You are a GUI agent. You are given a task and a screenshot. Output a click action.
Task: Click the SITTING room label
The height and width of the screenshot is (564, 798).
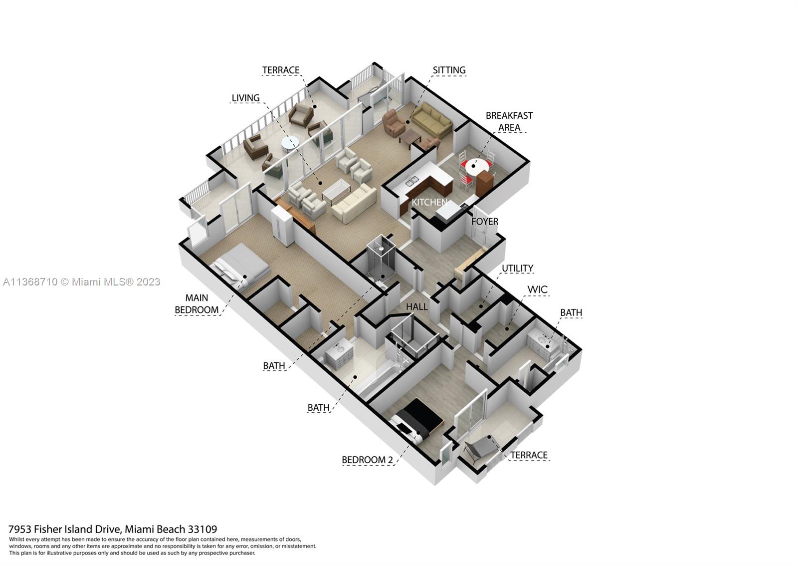(x=449, y=70)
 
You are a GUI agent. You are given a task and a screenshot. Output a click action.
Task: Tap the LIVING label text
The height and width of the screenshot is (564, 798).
(x=245, y=98)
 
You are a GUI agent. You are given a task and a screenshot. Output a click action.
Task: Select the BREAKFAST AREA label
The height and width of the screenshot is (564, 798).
(x=509, y=121)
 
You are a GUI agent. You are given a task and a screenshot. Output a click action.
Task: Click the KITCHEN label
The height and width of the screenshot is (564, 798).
(x=429, y=202)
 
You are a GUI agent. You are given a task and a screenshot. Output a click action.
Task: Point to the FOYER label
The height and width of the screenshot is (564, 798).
(x=485, y=221)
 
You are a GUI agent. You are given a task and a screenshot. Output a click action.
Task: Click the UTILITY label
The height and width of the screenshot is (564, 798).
(x=517, y=269)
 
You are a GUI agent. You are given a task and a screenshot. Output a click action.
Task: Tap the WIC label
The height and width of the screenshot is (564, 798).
(x=537, y=289)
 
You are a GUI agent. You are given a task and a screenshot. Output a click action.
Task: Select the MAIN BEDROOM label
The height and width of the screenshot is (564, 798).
(x=197, y=304)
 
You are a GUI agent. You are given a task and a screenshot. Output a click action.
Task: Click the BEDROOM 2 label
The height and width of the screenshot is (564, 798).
(x=367, y=460)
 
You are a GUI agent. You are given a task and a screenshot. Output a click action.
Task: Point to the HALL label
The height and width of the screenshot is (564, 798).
(x=416, y=306)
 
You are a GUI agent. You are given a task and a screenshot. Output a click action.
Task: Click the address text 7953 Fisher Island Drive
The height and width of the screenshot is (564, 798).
(x=112, y=529)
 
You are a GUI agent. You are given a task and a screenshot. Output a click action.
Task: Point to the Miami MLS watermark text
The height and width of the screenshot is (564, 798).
(x=82, y=282)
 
